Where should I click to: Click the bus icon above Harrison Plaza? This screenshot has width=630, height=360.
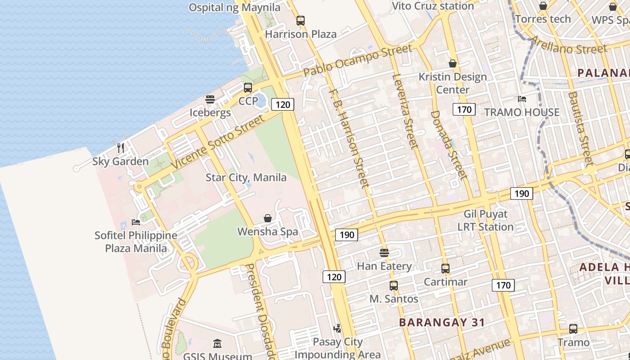[300, 21]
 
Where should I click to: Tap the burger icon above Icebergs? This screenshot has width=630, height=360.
[210, 99]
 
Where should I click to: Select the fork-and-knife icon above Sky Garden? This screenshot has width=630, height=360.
[121, 148]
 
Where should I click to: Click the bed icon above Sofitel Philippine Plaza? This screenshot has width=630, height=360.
[136, 222]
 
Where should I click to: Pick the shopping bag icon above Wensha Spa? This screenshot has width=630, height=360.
[268, 218]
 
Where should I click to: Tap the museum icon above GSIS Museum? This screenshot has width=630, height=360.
[217, 344]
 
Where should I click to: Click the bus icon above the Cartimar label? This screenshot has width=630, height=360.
[445, 269]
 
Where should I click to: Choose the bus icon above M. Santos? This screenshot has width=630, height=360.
[394, 285]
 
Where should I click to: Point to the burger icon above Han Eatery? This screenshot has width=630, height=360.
[384, 252]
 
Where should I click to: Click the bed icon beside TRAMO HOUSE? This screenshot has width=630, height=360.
[522, 99]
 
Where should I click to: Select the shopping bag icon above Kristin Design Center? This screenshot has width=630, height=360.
[453, 63]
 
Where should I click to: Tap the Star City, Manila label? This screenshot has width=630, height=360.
[246, 177]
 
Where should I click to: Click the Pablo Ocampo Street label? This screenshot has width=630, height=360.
[357, 60]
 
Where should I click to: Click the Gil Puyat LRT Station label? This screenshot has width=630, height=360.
[486, 220]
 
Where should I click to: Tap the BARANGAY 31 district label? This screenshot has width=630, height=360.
[442, 322]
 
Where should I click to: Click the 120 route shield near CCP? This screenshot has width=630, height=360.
[283, 105]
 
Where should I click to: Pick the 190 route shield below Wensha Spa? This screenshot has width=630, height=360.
[346, 234]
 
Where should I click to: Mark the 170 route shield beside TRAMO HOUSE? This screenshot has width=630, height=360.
[464, 109]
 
